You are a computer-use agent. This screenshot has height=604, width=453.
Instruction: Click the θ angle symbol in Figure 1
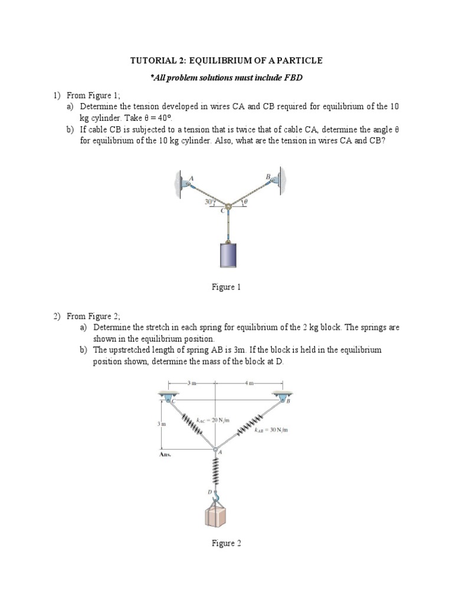[247, 202]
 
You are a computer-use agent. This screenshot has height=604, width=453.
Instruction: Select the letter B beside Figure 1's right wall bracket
[267, 176]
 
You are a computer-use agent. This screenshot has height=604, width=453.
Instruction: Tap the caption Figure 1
[226, 287]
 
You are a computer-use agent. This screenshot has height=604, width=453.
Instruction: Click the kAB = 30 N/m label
[271, 431]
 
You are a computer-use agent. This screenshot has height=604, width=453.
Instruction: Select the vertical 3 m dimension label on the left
[160, 424]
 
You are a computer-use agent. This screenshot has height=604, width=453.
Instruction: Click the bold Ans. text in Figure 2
[166, 455]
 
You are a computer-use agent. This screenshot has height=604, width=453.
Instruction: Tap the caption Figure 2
[226, 543]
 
